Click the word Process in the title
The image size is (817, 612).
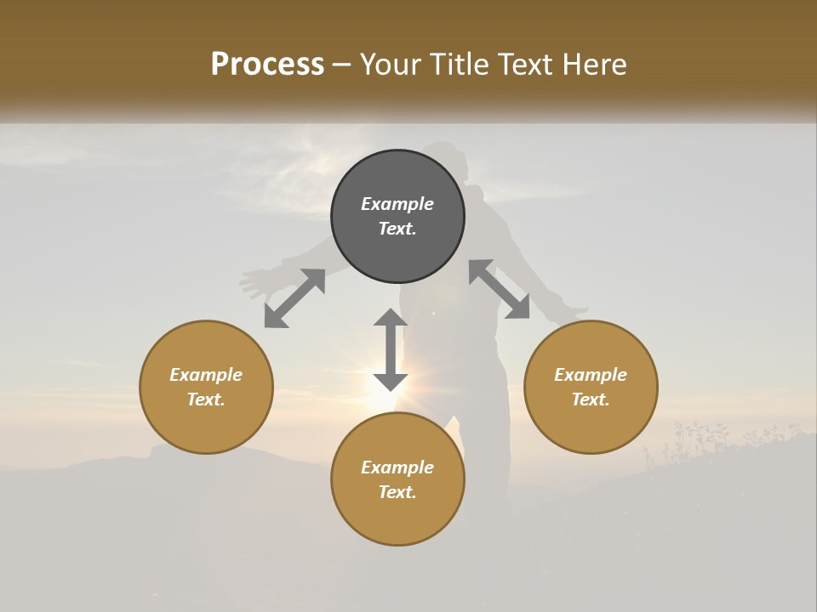pos(267,65)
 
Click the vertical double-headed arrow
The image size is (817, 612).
pos(391,349)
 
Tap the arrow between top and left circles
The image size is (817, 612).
pos(294,298)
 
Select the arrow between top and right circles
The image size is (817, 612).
pos(500,290)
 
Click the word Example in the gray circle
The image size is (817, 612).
pos(397,204)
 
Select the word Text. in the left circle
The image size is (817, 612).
pos(206,399)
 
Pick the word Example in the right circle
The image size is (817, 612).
pos(591,375)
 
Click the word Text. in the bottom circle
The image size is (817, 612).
pos(397,492)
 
